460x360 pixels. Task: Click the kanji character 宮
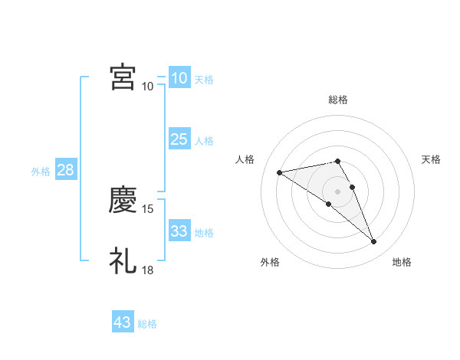pos(123,77)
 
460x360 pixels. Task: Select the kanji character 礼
pos(123,260)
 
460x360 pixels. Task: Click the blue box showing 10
pos(179,78)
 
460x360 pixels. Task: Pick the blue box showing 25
pos(179,139)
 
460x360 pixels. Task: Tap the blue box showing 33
pos(179,231)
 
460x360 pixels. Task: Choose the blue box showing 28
pos(65,170)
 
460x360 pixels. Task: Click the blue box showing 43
pos(123,322)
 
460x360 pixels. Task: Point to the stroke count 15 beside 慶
pos(149,208)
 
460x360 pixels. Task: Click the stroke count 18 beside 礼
pos(149,270)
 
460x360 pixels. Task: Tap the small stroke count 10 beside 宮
pos(147,86)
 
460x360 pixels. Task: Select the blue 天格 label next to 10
pos(204,80)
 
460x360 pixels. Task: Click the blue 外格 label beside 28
pos(41,172)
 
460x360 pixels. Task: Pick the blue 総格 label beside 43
pos(147,324)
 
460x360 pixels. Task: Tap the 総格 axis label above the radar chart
pos(338,100)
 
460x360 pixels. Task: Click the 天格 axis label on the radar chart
pos(432,159)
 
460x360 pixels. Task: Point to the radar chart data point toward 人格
pos(280,172)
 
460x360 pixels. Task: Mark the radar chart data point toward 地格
pos(374,242)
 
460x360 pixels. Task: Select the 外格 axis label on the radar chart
pos(270,262)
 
